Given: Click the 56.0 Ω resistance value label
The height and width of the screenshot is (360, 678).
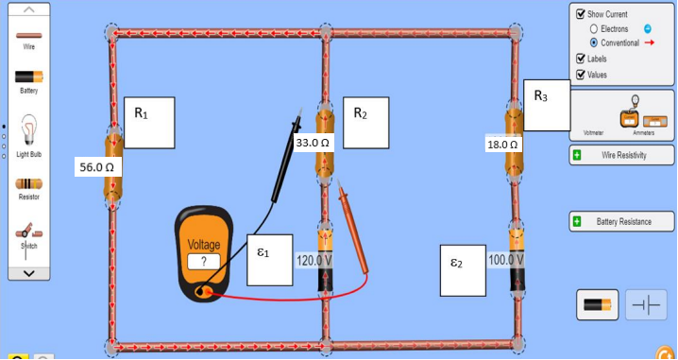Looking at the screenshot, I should [97, 166].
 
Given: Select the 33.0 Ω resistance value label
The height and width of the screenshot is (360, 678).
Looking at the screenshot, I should [312, 143].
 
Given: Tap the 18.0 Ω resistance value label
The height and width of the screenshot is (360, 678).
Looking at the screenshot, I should [501, 145].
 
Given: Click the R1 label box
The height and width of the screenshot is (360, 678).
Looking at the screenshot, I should [150, 122].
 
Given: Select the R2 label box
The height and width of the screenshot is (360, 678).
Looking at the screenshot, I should [365, 122].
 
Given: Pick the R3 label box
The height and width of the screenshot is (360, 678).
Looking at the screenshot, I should [547, 104].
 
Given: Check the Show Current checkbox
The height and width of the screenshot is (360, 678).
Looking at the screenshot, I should [581, 15].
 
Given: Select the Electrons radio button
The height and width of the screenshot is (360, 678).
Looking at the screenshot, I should [594, 29].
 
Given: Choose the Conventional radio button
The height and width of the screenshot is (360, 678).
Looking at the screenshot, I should [594, 43].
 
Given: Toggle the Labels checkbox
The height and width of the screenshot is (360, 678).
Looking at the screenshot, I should [581, 59].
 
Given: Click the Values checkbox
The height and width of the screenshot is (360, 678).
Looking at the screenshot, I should [581, 75].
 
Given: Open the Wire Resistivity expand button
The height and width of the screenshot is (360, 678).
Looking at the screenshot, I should [577, 154].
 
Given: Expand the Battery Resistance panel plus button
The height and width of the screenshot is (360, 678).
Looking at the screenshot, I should [577, 221].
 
